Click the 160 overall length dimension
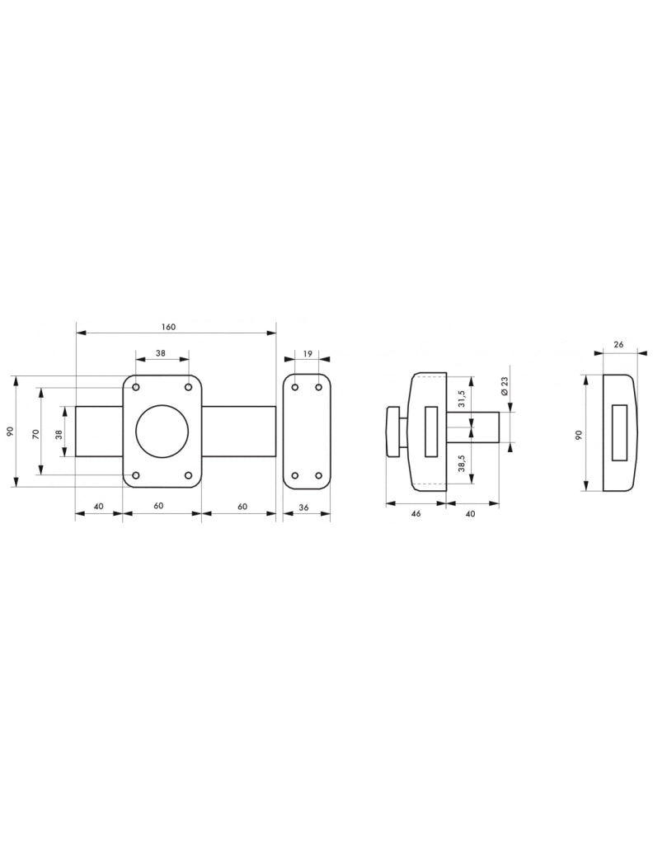168,327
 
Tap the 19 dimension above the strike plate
308,353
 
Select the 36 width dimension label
303,507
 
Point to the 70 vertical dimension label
36,434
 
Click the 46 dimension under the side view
416,513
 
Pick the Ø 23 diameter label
505,386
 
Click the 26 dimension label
618,344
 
